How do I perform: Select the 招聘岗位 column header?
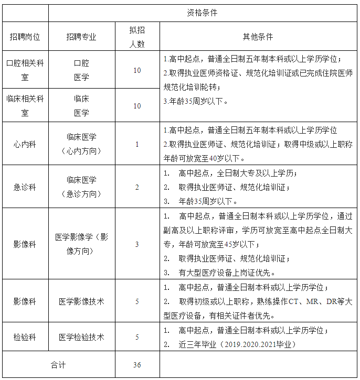point(25,37)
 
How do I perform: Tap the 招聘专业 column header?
point(81,37)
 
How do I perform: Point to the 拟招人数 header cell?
point(137,37)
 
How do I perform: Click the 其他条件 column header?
point(258,37)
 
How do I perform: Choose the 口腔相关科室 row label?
point(25,70)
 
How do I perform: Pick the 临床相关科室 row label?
point(25,105)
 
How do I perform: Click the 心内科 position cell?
point(25,144)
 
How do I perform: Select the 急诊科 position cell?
point(25,187)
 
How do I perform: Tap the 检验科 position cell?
point(25,337)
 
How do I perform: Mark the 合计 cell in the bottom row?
point(58,365)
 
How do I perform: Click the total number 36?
point(137,365)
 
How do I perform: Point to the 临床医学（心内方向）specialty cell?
point(81,144)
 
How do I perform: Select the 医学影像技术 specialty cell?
point(81,301)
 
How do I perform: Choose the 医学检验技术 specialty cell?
point(81,337)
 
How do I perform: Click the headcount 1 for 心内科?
point(137,144)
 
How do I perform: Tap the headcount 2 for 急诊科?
point(137,187)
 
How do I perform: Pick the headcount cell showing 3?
point(137,244)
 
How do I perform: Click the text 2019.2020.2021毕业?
point(257,344)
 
